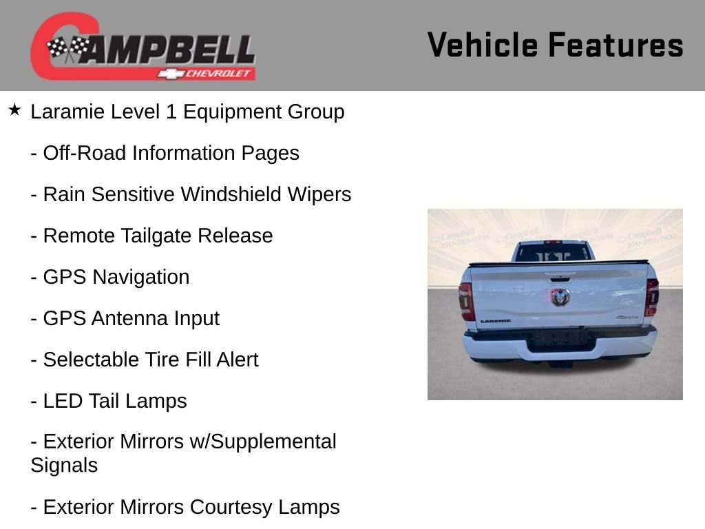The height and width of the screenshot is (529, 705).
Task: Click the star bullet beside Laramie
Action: [x=15, y=110]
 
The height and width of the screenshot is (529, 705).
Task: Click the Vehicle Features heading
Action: [x=556, y=45]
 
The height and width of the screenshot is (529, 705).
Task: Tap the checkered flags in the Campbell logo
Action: [x=68, y=49]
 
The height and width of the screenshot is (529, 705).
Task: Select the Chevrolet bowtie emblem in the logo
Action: [x=171, y=74]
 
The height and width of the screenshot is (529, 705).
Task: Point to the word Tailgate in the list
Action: [x=156, y=236]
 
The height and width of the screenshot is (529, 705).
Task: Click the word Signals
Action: [x=64, y=465]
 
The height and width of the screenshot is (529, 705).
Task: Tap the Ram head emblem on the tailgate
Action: [x=560, y=297]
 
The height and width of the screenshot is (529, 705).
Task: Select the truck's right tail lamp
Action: [x=651, y=297]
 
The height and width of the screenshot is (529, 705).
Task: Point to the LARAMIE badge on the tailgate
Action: [x=496, y=321]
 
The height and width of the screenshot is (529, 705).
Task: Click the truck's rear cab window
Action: [x=553, y=252]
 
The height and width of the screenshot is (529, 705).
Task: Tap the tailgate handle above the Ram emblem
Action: [x=560, y=278]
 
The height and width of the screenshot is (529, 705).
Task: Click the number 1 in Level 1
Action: [x=171, y=112]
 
